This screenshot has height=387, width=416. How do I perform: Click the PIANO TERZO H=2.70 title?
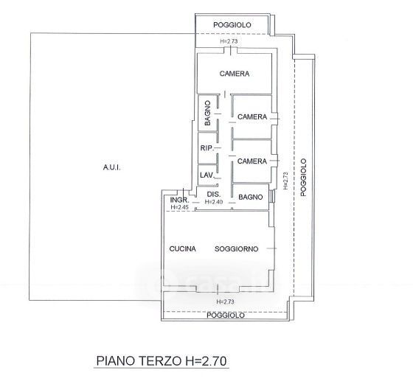coord(162,360)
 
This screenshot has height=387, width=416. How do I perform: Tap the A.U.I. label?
coord(111,167)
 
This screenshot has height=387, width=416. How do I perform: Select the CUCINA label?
coord(182,249)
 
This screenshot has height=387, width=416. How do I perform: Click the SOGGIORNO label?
coord(236,249)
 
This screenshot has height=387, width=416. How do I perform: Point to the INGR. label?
coord(179,200)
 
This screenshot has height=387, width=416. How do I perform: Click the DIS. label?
coord(214,195)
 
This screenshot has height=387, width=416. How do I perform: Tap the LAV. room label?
coord(207,175)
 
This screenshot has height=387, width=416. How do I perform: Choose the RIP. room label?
coord(207,148)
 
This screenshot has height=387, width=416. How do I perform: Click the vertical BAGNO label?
coord(208,114)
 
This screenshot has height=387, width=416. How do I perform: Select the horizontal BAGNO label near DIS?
coord(251,197)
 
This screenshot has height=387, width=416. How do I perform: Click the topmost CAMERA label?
coord(235,74)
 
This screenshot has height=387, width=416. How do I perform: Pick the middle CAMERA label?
coord(252,117)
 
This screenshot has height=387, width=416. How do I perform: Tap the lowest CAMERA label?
coord(252,161)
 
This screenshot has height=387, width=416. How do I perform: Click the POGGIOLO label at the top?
coord(232,25)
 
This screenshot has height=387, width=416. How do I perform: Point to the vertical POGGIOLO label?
coord(303,178)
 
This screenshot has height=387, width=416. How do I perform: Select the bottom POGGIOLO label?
coord(226,315)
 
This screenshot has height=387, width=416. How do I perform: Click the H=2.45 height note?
coord(180,207)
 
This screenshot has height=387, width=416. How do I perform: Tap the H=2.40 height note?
coord(214,202)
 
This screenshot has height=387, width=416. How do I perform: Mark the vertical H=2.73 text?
coord(285,181)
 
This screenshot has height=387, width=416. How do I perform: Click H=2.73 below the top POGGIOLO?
coord(229,41)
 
